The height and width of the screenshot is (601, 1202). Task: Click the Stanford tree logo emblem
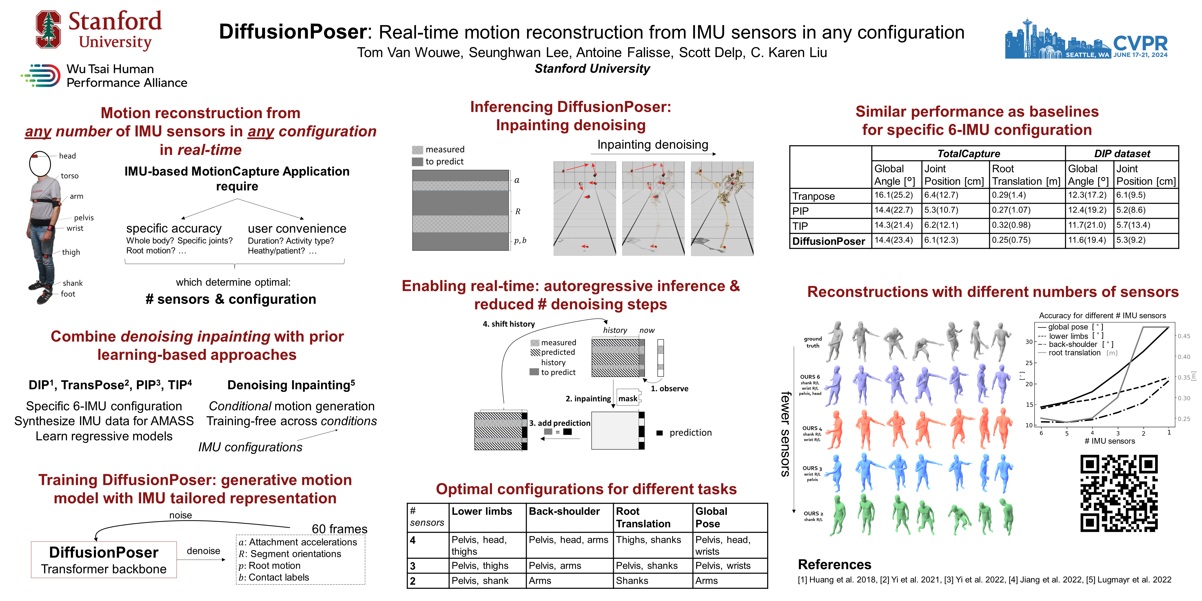[49, 30]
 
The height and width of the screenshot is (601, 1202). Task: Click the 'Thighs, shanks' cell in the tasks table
[648, 540]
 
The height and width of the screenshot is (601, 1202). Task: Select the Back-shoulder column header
[564, 512]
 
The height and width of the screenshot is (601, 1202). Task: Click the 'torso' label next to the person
[70, 176]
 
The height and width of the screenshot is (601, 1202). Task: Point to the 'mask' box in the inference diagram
[628, 399]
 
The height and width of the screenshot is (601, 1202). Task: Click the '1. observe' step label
[670, 389]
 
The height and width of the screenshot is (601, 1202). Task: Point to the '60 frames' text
[339, 529]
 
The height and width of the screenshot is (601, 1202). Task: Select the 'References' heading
[834, 564]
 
